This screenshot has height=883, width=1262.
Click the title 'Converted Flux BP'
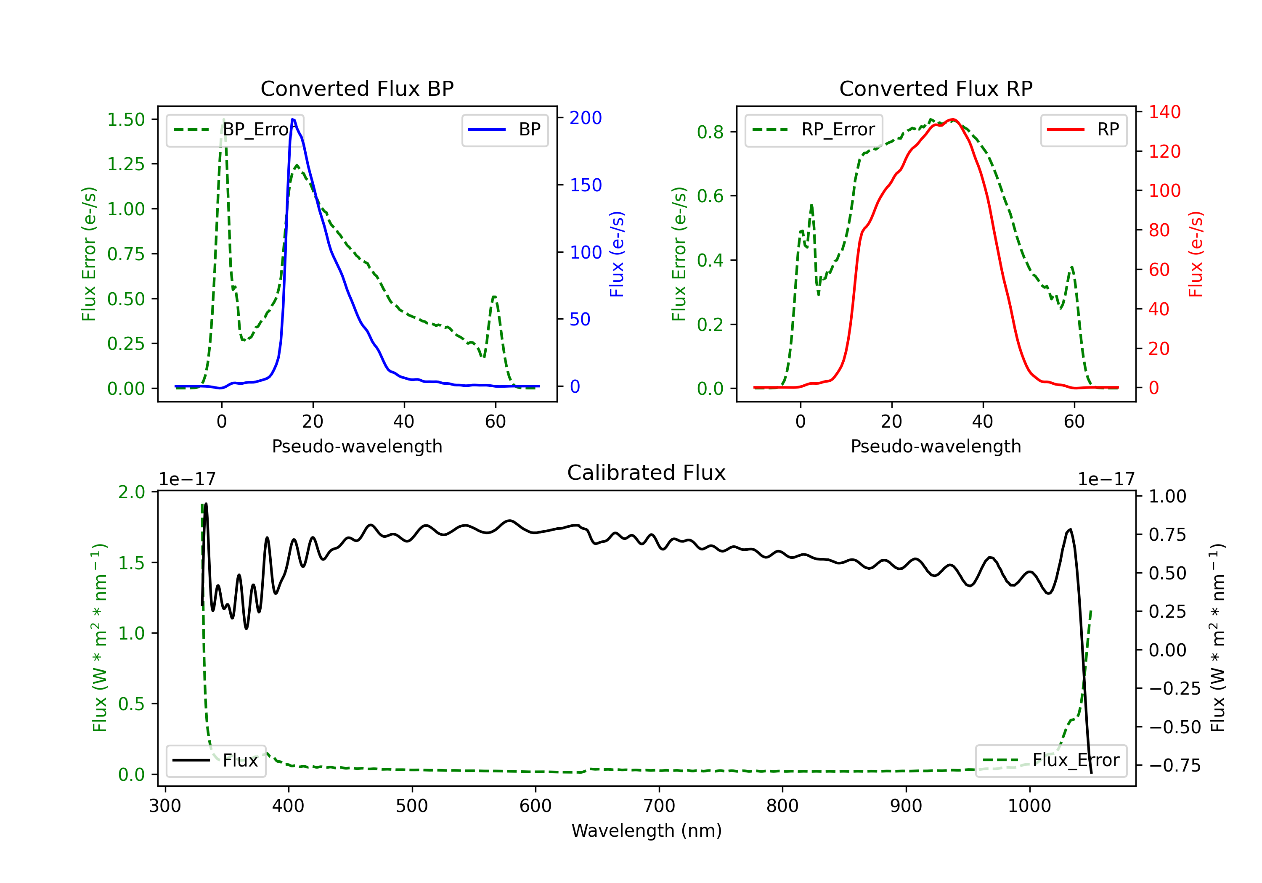pyautogui.click(x=357, y=88)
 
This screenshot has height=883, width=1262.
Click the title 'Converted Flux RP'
pyautogui.click(x=936, y=88)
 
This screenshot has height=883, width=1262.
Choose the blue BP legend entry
pyautogui.click(x=504, y=130)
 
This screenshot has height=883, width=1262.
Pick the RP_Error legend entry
pyautogui.click(x=814, y=130)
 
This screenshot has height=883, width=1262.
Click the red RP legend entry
pyautogui.click(x=1083, y=130)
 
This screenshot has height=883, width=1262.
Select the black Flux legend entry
pyautogui.click(x=215, y=761)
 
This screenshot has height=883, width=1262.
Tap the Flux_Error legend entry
pyautogui.click(x=1051, y=761)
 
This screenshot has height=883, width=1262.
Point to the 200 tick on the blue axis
pyautogui.click(x=586, y=118)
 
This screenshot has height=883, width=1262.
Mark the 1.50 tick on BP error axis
pyautogui.click(x=126, y=119)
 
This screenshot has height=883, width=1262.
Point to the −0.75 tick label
pyautogui.click(x=1175, y=765)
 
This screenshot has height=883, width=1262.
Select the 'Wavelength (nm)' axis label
pyautogui.click(x=647, y=830)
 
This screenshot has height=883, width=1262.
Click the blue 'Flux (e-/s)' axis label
pyautogui.click(x=617, y=254)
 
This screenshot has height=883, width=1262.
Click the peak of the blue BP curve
pyautogui.click(x=292, y=119)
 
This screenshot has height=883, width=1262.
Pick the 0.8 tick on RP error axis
pyautogui.click(x=710, y=132)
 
